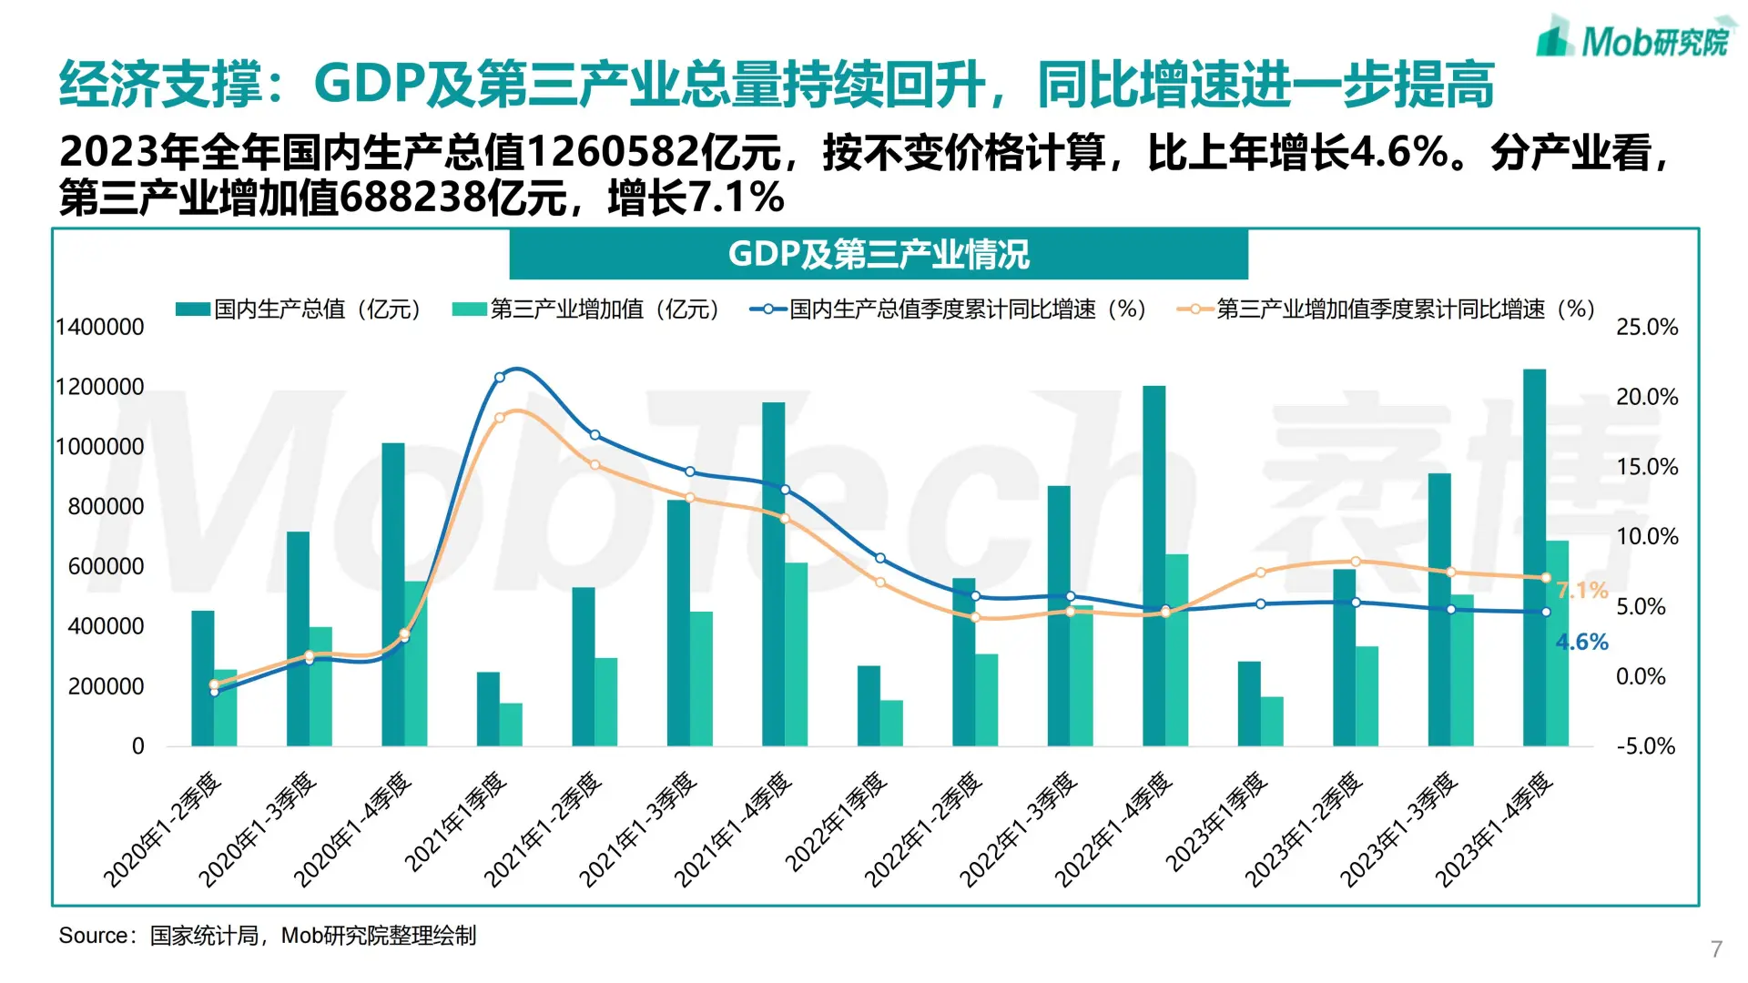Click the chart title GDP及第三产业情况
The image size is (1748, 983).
pos(879,254)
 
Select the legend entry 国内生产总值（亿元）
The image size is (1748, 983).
pos(300,309)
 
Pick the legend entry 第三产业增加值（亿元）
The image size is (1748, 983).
pos(587,309)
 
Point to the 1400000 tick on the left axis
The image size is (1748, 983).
pos(100,327)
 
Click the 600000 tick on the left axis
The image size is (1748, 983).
pos(106,566)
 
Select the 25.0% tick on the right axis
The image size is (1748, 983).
pos(1647,327)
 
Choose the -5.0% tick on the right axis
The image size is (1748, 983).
pos(1645,746)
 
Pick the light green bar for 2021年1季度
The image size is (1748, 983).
pos(511,725)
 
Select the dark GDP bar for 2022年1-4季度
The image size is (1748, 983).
pos(1153,564)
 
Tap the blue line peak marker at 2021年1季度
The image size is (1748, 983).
pos(499,377)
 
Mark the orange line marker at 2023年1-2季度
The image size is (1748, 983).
pos(1356,562)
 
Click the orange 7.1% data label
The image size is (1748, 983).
pos(1582,590)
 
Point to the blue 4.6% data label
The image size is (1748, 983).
pos(1582,642)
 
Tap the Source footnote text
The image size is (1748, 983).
pos(267,936)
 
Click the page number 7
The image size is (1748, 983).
pos(1716,949)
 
